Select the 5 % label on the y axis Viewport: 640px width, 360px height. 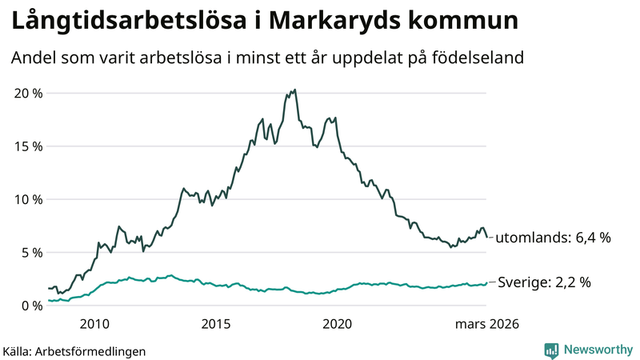coord(31,253)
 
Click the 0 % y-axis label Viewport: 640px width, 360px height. coord(31,306)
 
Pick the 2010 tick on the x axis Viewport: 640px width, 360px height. coord(94,324)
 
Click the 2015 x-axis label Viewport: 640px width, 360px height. coord(216,324)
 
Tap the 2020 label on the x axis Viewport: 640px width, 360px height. coord(337,324)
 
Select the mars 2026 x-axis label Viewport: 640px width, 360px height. coord(487,324)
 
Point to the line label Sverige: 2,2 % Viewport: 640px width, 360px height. coord(545,282)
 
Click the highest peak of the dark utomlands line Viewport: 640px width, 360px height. coord(295,90)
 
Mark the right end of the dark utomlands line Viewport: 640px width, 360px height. coord(487,237)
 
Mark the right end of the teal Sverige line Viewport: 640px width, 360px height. coord(487,282)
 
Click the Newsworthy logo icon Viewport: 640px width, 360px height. coord(551,350)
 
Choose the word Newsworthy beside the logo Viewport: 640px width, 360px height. coord(596,350)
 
